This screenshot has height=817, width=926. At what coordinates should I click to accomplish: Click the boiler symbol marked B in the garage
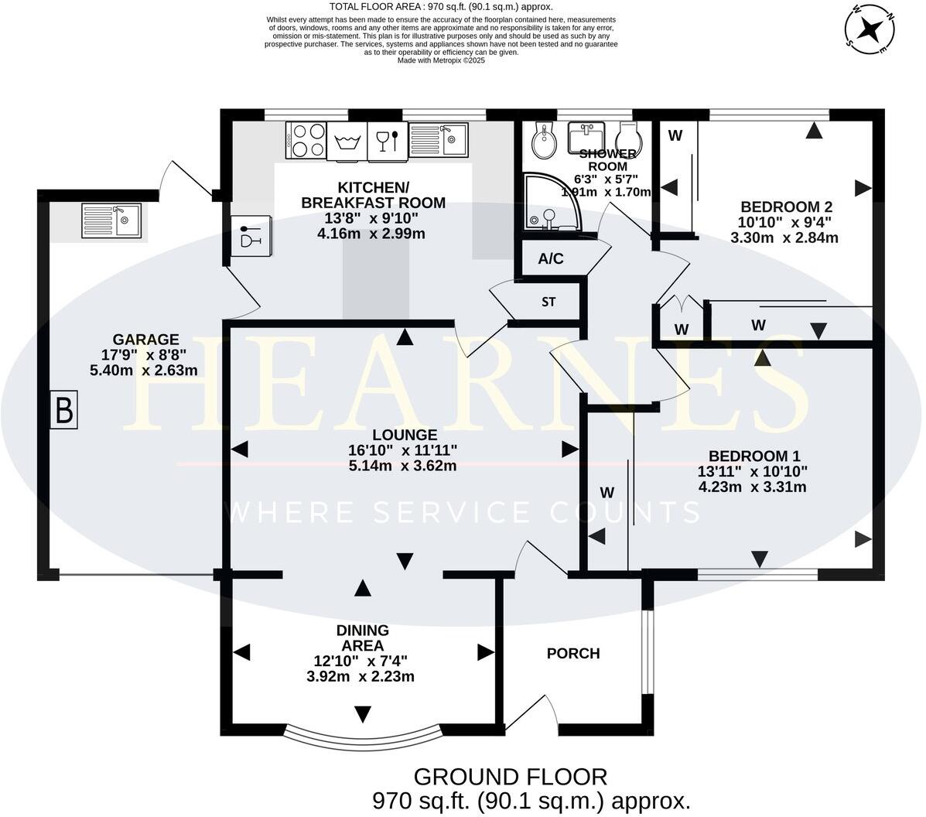click(x=63, y=410)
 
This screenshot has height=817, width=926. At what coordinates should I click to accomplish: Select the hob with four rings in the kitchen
click(x=306, y=141)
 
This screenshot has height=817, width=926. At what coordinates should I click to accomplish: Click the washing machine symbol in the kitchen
click(x=347, y=142)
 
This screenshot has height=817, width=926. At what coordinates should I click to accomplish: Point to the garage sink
click(x=111, y=220)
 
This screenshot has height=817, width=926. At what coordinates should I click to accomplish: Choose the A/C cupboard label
click(x=551, y=259)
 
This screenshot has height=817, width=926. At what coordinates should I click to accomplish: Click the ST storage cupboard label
click(x=548, y=302)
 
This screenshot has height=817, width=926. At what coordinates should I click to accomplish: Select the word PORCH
click(x=573, y=654)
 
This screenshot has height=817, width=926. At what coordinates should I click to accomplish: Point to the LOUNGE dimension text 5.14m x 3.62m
click(x=402, y=466)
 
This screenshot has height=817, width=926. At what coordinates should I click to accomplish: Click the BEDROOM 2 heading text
click(x=786, y=207)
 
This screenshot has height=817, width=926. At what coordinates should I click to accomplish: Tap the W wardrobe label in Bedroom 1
click(x=607, y=492)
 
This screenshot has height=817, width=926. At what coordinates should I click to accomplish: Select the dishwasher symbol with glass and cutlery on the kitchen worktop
click(x=387, y=141)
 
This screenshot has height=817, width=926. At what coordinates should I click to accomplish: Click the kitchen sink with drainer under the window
click(x=438, y=139)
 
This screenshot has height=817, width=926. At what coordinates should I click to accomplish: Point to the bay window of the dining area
click(x=362, y=731)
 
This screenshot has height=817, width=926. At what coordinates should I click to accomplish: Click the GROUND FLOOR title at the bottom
click(x=511, y=776)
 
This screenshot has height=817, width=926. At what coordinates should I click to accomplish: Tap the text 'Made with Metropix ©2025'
click(x=441, y=60)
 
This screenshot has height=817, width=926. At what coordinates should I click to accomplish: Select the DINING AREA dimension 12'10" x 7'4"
click(x=360, y=661)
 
